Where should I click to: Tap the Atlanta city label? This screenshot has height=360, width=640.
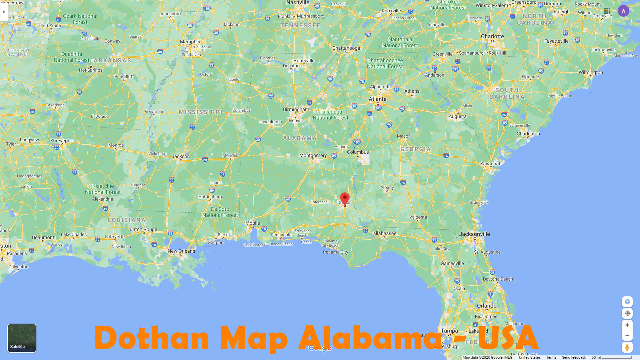[377, 99]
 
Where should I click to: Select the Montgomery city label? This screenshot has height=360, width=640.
[313, 155]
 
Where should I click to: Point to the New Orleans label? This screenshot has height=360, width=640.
[181, 251]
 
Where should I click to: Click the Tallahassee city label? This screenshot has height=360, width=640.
[383, 233]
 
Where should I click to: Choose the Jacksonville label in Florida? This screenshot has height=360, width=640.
[474, 234]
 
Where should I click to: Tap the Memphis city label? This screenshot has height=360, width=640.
[190, 42]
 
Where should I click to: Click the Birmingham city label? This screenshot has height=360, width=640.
[296, 109]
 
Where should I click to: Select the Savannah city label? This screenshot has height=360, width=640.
[491, 164]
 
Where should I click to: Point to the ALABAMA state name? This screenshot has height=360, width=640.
[300, 138]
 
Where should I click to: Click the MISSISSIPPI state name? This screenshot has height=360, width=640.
[200, 112]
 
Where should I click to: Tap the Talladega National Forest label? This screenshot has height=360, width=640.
[330, 115]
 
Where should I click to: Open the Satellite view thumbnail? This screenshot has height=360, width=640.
[22, 338]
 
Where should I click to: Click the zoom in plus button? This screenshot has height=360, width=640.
[627, 325]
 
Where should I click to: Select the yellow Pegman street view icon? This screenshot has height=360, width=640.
[627, 347]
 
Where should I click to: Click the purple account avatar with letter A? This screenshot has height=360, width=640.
[623, 11]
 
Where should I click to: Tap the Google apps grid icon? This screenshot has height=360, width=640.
[607, 11]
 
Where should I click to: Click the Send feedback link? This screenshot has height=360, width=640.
[574, 357]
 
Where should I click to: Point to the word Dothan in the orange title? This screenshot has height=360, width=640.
[152, 338]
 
